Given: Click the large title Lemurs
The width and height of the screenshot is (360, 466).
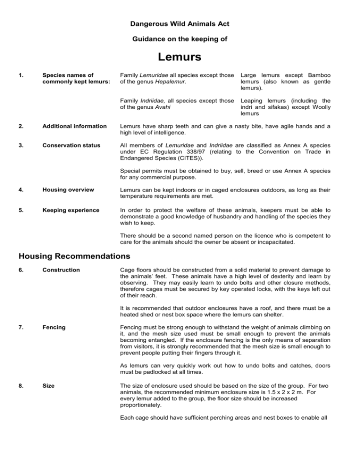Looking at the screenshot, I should click(180, 57).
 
